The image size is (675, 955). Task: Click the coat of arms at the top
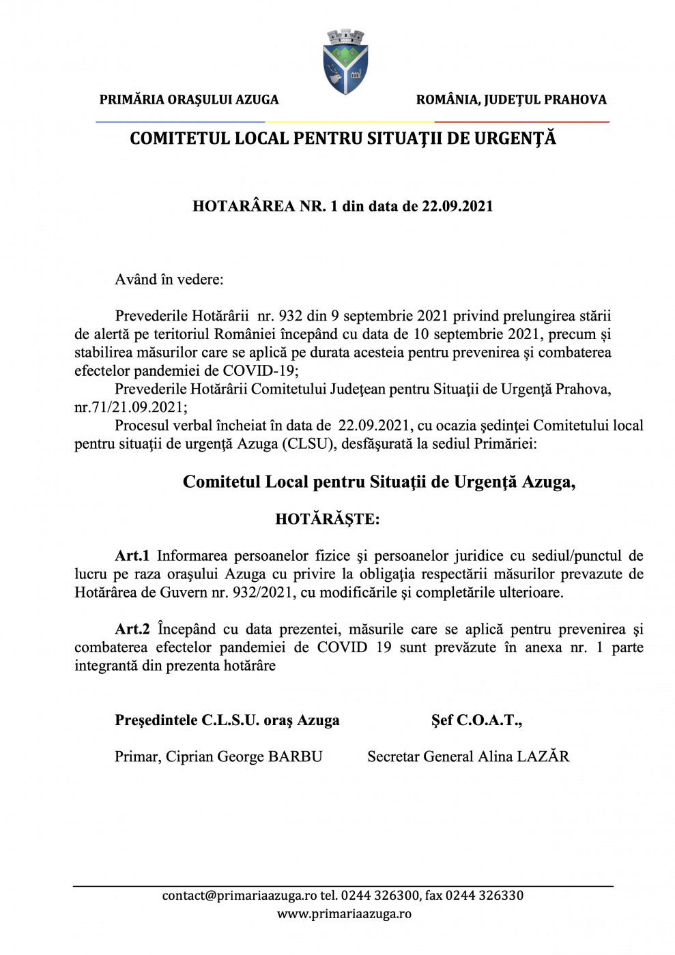pos(345,61)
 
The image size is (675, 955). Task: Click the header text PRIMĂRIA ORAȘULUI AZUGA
pos(189,100)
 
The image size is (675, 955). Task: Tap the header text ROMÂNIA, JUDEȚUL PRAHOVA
pos(511,100)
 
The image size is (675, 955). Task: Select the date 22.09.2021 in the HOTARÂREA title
pos(457,206)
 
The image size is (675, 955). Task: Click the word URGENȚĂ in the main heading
pos(515,138)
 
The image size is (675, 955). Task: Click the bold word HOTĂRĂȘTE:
pos(328,519)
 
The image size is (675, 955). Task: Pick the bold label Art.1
pos(132,556)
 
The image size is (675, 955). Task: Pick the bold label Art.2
pos(132,629)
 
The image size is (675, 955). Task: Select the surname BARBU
pos(295,756)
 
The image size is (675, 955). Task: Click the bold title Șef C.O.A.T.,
pos(476,720)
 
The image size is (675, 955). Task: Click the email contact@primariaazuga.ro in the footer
pos(240,896)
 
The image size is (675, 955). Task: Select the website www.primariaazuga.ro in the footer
pos(344,914)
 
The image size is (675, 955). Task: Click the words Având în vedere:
pos(169,280)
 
